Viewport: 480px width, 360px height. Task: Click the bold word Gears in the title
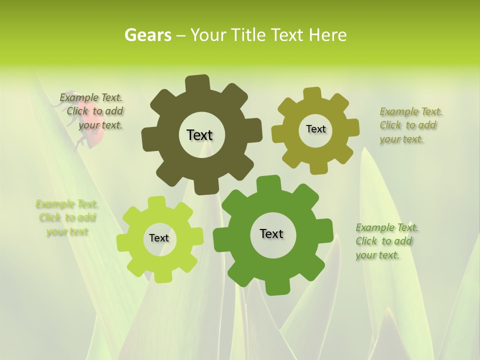click(147, 35)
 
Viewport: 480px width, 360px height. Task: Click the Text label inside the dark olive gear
click(199, 135)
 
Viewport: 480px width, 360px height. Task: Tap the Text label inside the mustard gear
click(315, 129)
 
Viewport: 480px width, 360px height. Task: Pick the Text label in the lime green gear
click(159, 238)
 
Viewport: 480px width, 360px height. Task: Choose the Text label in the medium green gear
click(271, 233)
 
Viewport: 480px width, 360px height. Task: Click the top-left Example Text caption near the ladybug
click(92, 111)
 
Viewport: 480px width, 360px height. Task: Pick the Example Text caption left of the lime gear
click(67, 217)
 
